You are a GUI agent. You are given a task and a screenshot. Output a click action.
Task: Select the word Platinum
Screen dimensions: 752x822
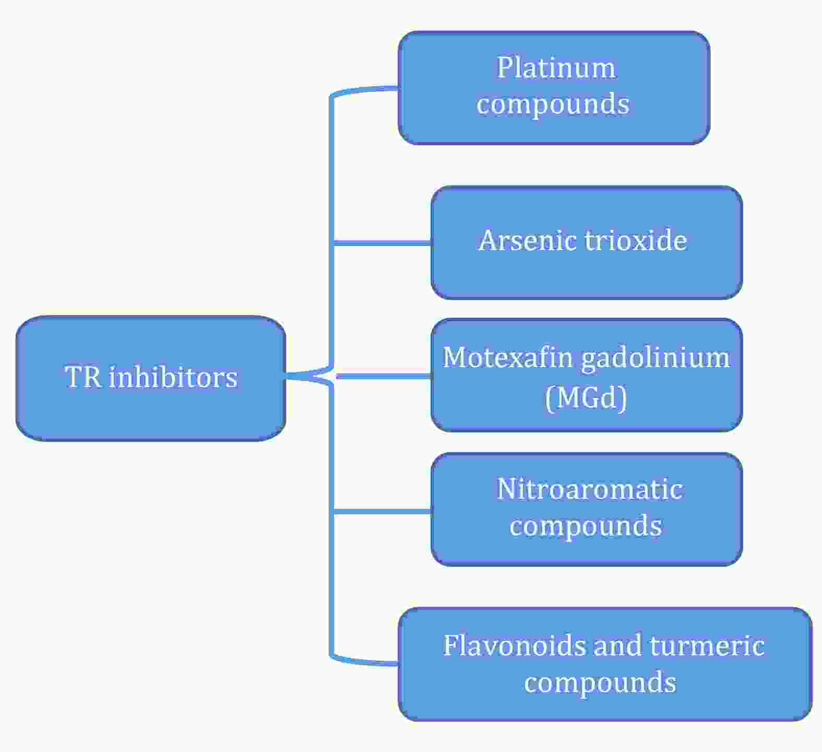click(x=556, y=68)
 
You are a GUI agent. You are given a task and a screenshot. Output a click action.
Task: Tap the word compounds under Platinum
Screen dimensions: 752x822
click(x=553, y=104)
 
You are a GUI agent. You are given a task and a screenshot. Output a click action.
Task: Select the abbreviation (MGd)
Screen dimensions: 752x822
click(x=586, y=398)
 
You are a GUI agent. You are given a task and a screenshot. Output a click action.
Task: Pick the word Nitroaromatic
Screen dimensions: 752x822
click(x=589, y=490)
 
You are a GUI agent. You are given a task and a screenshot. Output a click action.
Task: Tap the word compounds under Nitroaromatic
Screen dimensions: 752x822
click(x=585, y=526)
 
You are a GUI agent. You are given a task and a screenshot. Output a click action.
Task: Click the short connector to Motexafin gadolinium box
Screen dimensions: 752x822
click(x=384, y=376)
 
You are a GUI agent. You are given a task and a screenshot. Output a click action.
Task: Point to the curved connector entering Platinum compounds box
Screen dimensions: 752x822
click(x=365, y=90)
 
